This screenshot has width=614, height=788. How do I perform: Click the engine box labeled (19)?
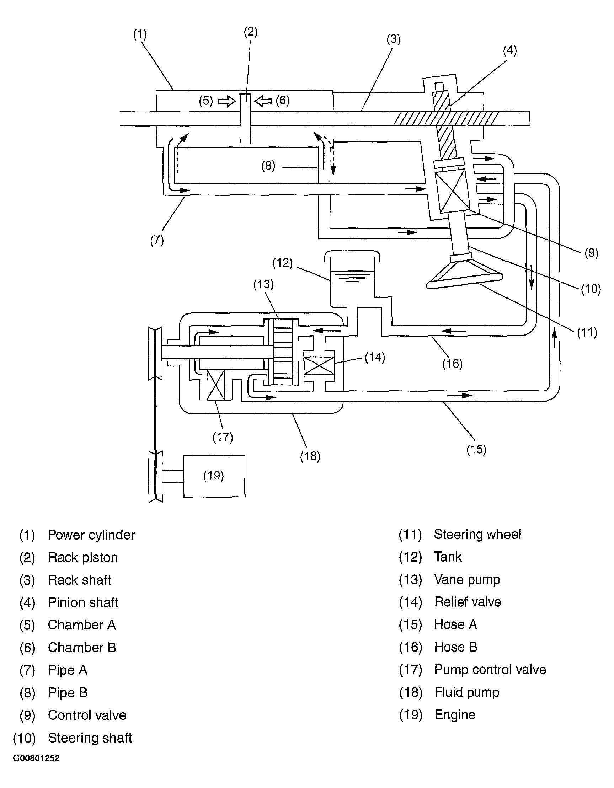pyautogui.click(x=214, y=476)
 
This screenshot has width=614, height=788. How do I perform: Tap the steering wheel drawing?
pyautogui.click(x=464, y=274)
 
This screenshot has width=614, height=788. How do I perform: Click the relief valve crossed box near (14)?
pyautogui.click(x=319, y=365)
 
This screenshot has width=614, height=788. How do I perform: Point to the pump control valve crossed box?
pyautogui.click(x=215, y=385)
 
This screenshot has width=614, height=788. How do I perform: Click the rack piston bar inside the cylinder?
pyautogui.click(x=245, y=118)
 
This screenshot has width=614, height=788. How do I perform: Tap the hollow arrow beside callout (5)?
pyautogui.click(x=226, y=101)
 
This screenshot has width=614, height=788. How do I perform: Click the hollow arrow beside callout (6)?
pyautogui.click(x=263, y=101)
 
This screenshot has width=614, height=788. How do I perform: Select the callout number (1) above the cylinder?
pyautogui.click(x=140, y=34)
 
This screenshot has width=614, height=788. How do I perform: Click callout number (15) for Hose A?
pyautogui.click(x=476, y=449)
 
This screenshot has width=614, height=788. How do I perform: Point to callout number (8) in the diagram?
pyautogui.click(x=268, y=166)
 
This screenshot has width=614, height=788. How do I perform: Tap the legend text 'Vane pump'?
pyautogui.click(x=467, y=579)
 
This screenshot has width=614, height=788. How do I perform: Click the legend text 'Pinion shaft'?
pyautogui.click(x=84, y=602)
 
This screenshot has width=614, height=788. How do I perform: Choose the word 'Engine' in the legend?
pyautogui.click(x=455, y=715)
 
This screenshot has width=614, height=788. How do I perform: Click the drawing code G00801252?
pyautogui.click(x=36, y=758)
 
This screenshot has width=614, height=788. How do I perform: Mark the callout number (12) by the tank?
pyautogui.click(x=282, y=263)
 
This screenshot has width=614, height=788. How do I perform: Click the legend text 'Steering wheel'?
pyautogui.click(x=477, y=534)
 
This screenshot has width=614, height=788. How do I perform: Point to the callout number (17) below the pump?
pyautogui.click(x=223, y=437)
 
